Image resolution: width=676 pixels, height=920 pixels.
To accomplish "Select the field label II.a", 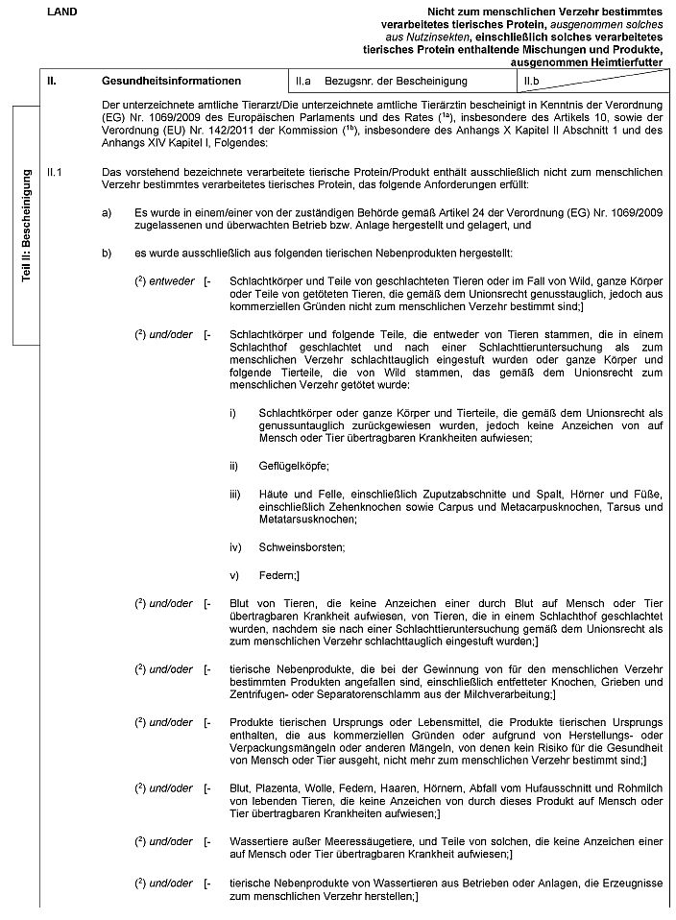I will point(305,82).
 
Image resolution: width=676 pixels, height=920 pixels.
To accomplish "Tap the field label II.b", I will point(527,82).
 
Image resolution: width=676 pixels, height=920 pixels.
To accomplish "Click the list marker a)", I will point(106,210).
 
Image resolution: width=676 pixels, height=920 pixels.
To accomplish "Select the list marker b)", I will point(106,253).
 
